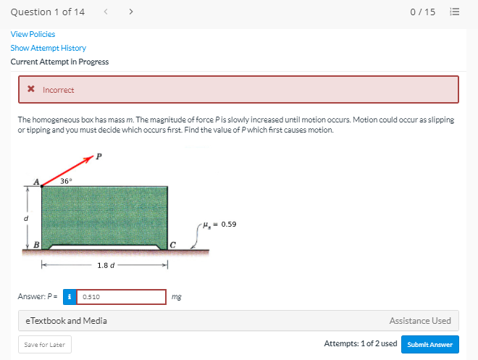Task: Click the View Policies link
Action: pyautogui.click(x=33, y=34)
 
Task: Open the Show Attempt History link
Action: pyautogui.click(x=48, y=48)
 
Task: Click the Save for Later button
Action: pyautogui.click(x=45, y=345)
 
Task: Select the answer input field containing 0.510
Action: pyautogui.click(x=122, y=297)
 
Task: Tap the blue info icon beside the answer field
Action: pyautogui.click(x=70, y=297)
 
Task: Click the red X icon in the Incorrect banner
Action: pyautogui.click(x=31, y=90)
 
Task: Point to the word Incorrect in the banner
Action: pyautogui.click(x=59, y=90)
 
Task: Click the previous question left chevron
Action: pyautogui.click(x=107, y=12)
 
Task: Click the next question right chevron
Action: pyautogui.click(x=130, y=12)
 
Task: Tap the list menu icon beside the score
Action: pyautogui.click(x=455, y=12)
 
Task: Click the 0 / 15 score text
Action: pyautogui.click(x=422, y=12)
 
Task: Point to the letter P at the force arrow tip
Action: pyautogui.click(x=99, y=155)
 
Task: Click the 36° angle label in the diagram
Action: pyautogui.click(x=66, y=181)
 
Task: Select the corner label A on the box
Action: pyautogui.click(x=35, y=183)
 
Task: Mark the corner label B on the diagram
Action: pyautogui.click(x=35, y=244)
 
